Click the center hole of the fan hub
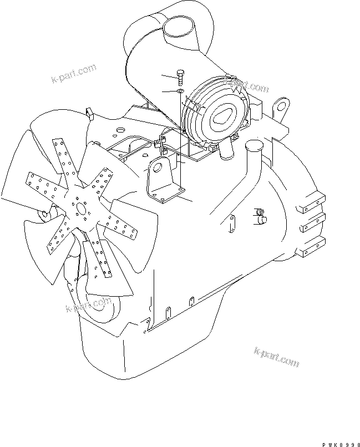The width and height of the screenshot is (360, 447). (x=82, y=210)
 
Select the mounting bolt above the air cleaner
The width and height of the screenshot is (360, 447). (x=180, y=77)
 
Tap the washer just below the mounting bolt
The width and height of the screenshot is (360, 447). (x=180, y=91)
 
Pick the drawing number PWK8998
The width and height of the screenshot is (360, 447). (x=341, y=444)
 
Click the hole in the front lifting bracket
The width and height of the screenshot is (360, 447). (x=157, y=167)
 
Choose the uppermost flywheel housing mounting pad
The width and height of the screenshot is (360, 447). (x=311, y=205)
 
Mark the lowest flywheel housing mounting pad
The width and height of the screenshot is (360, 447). (x=311, y=246)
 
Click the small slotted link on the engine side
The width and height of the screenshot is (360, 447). (x=232, y=224)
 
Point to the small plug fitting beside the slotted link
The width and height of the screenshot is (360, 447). (x=261, y=216)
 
